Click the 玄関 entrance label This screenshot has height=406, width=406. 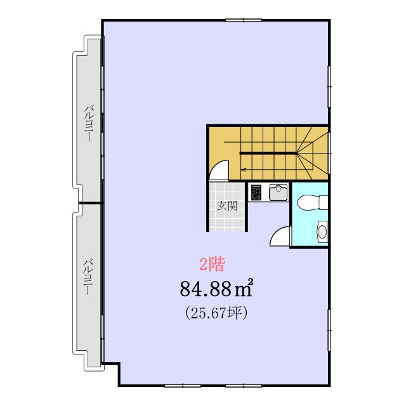pyautogui.click(x=227, y=206)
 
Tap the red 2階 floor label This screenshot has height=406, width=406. pyautogui.click(x=212, y=264)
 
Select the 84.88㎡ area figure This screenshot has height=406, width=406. pyautogui.click(x=216, y=289)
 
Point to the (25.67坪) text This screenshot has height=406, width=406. pyautogui.click(x=216, y=313)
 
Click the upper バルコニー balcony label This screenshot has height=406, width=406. pyautogui.click(x=89, y=122)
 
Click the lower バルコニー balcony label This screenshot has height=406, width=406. pyautogui.click(x=88, y=277)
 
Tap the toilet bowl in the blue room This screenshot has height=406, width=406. pyautogui.click(x=313, y=202)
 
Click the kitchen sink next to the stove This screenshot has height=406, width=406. pyautogui.click(x=278, y=192)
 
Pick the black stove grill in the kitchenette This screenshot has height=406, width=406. pyautogui.click(x=256, y=192)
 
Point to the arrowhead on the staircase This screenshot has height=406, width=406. pyautogui.click(x=243, y=170)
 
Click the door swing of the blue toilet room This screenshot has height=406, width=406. pyautogui.click(x=280, y=237)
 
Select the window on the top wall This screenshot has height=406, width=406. pyautogui.click(x=244, y=20)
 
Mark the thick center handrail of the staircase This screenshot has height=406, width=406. pyautogui.click(x=268, y=154)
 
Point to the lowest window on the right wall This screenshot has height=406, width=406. pyautogui.click(x=330, y=330)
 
